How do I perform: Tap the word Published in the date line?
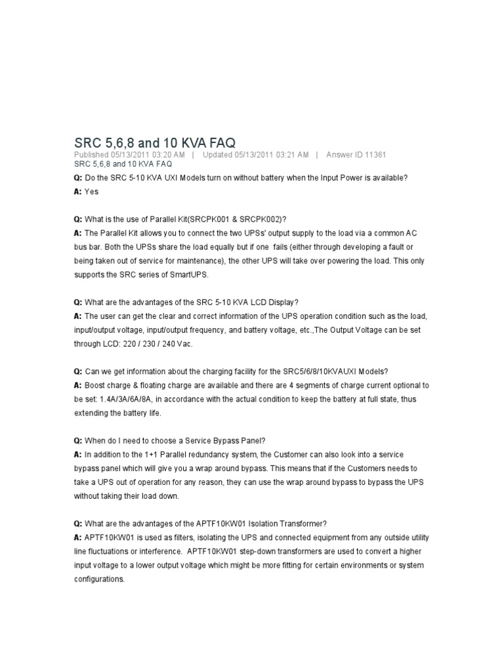94,155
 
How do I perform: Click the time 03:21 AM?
292,155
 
